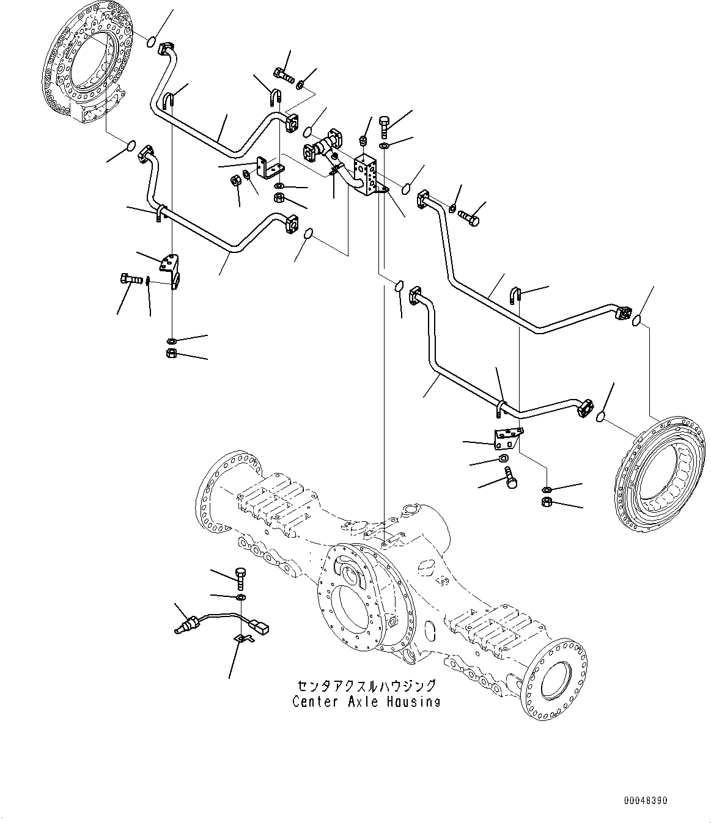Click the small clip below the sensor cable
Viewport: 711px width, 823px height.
click(x=243, y=639)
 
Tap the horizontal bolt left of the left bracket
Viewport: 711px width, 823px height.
click(x=130, y=280)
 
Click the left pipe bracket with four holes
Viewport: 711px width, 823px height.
click(x=170, y=268)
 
